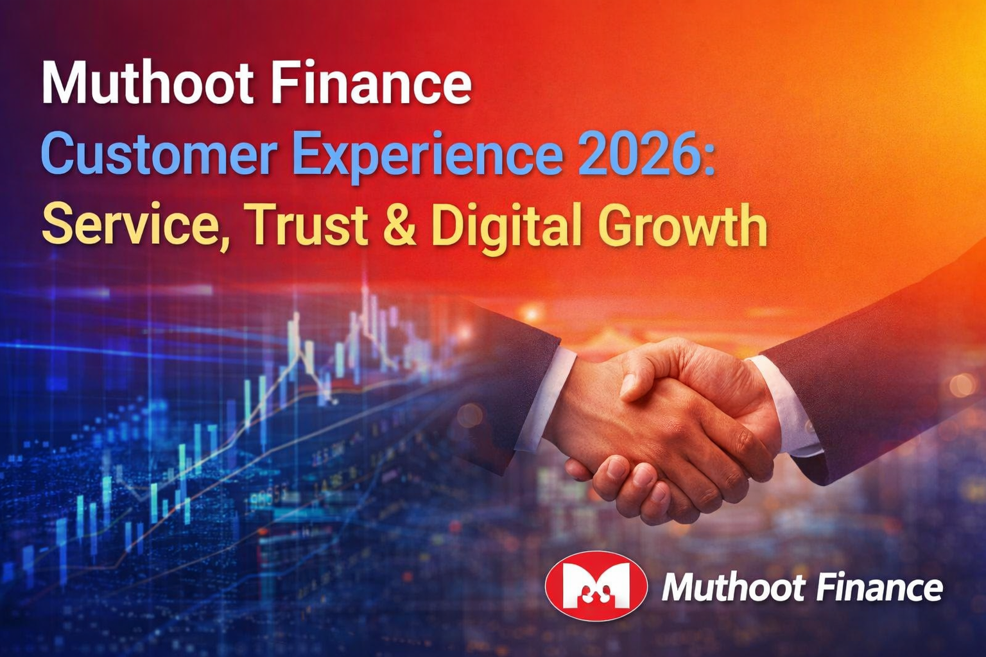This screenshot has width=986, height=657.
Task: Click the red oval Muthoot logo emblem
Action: tap(595, 585)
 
